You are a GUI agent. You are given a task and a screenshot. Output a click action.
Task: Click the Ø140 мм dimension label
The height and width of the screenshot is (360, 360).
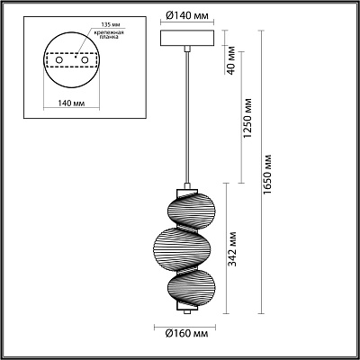(x=187, y=16)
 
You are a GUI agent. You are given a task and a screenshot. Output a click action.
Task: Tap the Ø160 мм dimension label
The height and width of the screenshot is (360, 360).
(x=186, y=333)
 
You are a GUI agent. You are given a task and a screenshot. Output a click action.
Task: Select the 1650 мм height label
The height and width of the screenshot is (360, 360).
(x=267, y=174)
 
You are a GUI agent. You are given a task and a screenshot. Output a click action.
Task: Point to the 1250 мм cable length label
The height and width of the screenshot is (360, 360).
(x=247, y=118)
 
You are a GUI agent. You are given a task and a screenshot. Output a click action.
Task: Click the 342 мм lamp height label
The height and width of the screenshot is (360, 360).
(x=232, y=248)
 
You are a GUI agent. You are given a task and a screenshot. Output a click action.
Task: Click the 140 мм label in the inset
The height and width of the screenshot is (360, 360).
(x=71, y=103)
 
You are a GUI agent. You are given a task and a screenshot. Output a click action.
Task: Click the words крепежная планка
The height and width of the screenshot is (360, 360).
(x=109, y=34)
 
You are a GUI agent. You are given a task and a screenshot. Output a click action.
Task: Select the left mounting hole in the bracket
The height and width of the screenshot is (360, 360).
(x=59, y=60)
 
